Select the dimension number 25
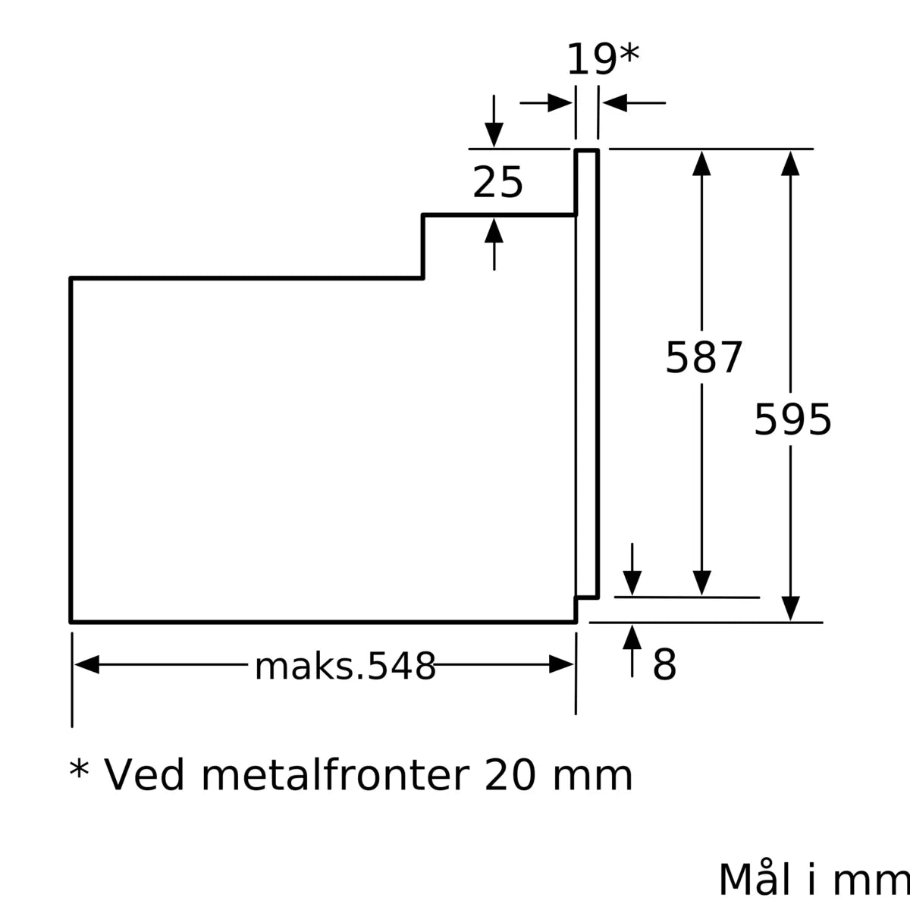coord(497,183)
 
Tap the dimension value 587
coord(703,357)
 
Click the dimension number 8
coord(664,666)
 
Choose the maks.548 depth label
coord(345,667)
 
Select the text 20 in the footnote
coord(510,775)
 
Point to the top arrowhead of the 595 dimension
coord(790,163)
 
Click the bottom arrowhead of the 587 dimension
coord(702,582)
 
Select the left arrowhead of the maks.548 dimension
coord(87,665)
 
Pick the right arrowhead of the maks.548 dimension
coord(561,665)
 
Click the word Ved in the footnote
coord(143,775)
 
